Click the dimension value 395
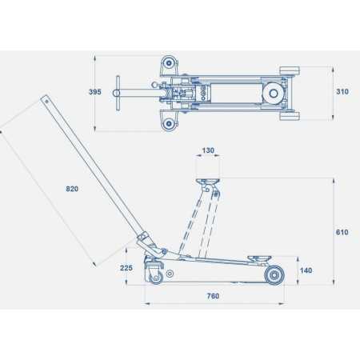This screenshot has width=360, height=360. coord(95,92)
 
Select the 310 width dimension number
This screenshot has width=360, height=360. coord(342,92)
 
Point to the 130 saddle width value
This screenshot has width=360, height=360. coord(208,151)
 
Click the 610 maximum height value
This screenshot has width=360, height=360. coord(342,232)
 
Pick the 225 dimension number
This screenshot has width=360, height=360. coord(126,268)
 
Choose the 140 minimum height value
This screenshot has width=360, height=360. coord(306,271)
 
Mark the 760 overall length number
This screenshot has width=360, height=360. coord(213,296)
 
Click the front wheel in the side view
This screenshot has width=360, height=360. coord(274,276)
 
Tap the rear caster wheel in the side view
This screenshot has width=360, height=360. coord(155,276)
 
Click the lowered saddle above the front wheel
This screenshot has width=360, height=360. coord(258,258)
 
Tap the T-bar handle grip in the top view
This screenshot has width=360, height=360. coord(118,93)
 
